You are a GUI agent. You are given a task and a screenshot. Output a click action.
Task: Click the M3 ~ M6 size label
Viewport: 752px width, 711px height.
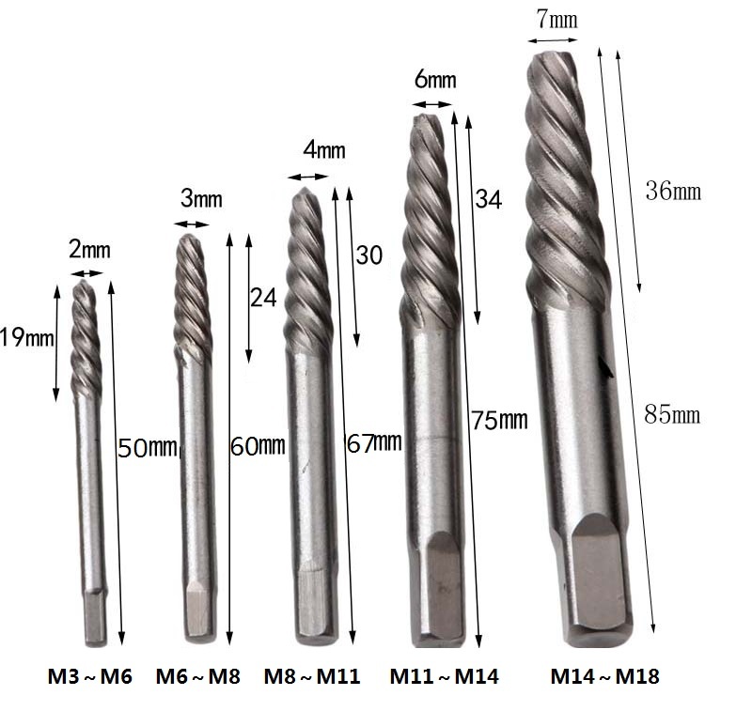[89, 676]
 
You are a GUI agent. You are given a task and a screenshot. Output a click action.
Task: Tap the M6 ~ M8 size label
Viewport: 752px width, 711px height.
[198, 676]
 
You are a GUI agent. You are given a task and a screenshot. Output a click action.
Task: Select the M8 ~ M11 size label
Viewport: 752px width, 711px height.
[312, 676]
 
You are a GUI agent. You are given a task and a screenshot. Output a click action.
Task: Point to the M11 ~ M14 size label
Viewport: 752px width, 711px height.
[444, 676]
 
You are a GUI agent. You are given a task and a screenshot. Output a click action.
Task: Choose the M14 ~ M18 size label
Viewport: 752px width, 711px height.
[604, 676]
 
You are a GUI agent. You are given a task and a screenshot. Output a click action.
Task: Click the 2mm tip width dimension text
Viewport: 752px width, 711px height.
[89, 250]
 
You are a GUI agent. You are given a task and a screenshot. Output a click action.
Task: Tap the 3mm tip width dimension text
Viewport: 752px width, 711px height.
[201, 198]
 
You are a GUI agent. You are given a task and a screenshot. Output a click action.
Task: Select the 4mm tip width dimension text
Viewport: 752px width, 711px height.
[324, 150]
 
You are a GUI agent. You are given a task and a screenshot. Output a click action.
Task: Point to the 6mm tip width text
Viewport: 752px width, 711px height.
[435, 79]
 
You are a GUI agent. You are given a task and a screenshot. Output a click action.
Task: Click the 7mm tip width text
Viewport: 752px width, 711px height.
[556, 19]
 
